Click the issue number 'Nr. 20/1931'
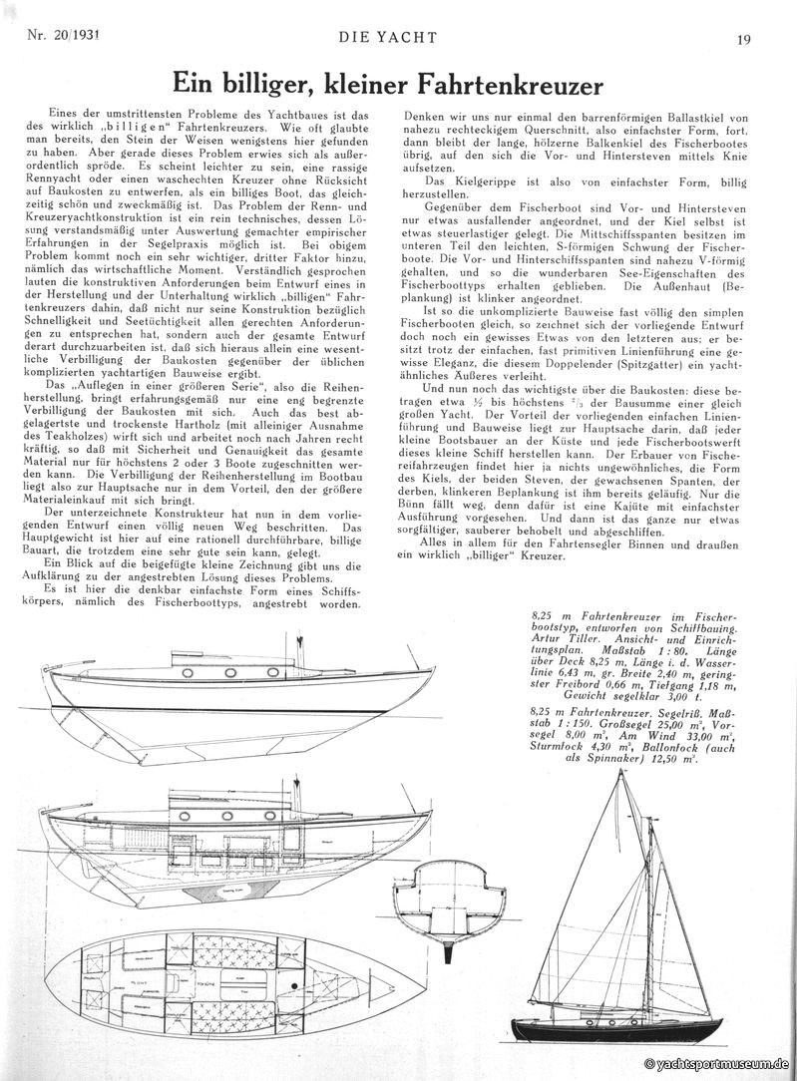(58, 39)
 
